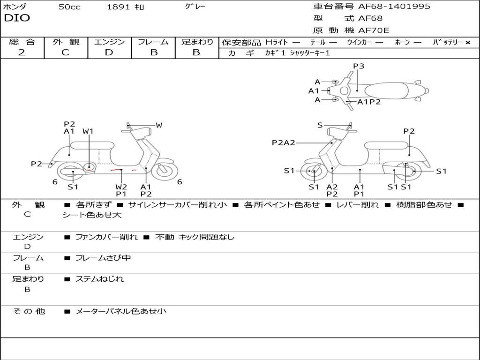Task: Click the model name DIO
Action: (x=17, y=18)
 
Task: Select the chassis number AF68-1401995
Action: (x=394, y=7)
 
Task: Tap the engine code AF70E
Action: (x=374, y=30)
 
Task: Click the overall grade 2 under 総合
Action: (x=22, y=52)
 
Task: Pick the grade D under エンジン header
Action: (x=109, y=52)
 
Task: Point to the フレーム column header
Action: (x=153, y=42)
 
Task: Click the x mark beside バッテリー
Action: (x=468, y=43)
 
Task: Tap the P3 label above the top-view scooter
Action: (x=359, y=66)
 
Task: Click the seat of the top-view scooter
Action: (x=387, y=91)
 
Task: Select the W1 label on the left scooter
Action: (x=88, y=131)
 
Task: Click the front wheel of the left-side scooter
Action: (x=165, y=170)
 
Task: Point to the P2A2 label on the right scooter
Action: (x=284, y=142)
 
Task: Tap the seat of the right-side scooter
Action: (x=387, y=146)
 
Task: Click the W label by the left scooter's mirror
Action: (x=159, y=125)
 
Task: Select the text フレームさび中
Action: (x=103, y=258)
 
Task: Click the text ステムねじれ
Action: (x=99, y=279)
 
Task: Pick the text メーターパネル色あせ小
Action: (x=121, y=311)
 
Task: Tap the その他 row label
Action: (x=29, y=311)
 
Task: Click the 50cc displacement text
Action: (x=69, y=7)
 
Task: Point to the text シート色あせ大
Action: (x=92, y=215)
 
